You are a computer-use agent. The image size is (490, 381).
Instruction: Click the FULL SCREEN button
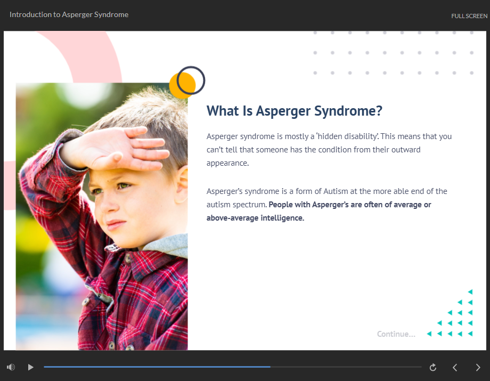469,16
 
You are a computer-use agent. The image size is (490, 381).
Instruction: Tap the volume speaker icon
11,367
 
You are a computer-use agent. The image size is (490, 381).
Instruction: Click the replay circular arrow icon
433,367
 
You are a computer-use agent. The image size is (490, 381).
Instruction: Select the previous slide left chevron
455,367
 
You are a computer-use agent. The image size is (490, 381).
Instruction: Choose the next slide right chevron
478,367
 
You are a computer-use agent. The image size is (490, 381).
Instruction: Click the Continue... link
396,334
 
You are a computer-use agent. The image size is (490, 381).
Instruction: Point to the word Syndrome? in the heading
348,111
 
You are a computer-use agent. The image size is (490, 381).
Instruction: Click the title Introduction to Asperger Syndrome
69,15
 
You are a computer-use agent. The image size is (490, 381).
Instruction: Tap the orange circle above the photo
182,85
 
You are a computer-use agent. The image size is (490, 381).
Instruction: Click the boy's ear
182,184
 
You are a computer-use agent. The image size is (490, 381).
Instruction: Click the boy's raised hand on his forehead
116,149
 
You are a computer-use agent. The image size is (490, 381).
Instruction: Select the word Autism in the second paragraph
336,191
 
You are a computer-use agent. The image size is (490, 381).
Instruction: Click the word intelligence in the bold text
282,218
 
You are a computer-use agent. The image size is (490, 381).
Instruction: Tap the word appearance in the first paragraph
227,164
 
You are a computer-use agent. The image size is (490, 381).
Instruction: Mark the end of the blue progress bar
271,367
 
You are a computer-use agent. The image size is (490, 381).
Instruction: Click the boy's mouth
115,224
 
